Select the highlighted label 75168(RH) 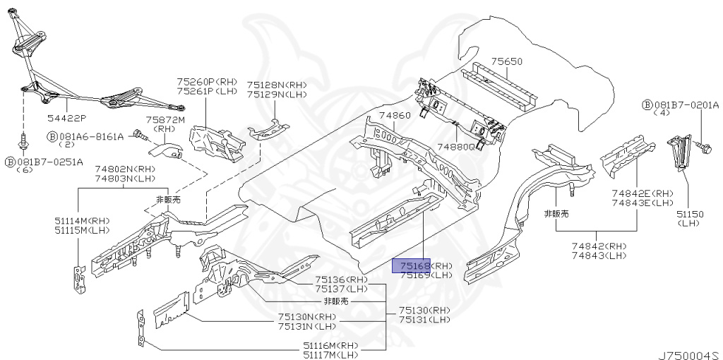[422, 266]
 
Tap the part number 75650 [507, 62]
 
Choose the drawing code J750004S [689, 351]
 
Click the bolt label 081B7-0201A [685, 105]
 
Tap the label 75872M [165, 121]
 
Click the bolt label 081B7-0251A [50, 162]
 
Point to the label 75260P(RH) [208, 82]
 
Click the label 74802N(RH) [125, 169]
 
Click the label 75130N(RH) [307, 317]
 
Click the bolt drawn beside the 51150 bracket [703, 148]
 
